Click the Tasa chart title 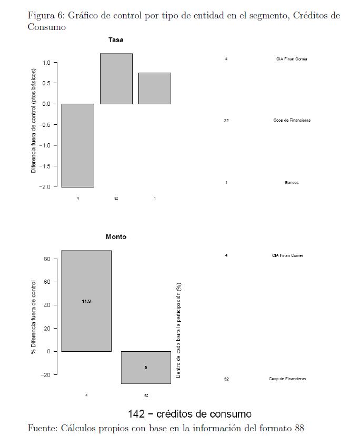click(x=116, y=40)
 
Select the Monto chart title click(x=116, y=237)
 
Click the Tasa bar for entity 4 click(x=77, y=145)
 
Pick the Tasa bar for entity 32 click(x=116, y=78)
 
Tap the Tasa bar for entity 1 click(x=155, y=88)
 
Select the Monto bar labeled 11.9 click(x=86, y=301)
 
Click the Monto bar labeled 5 click(x=146, y=367)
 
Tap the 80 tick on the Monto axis click(x=47, y=259)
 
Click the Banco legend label click(x=292, y=183)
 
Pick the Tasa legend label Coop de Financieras click(x=292, y=121)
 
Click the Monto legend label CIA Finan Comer click(x=287, y=256)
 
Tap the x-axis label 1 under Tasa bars click(x=155, y=199)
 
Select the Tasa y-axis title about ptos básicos click(x=33, y=121)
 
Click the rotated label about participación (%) click(x=179, y=330)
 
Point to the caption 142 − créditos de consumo click(x=189, y=414)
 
